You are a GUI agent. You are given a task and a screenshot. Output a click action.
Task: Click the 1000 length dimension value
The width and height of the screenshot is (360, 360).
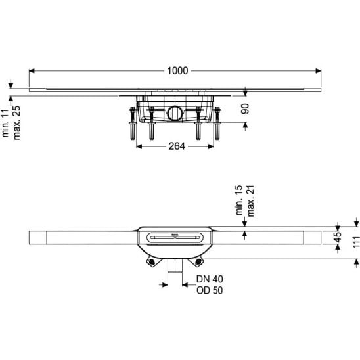177,71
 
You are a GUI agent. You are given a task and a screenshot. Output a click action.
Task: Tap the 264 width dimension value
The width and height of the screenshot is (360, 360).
177,146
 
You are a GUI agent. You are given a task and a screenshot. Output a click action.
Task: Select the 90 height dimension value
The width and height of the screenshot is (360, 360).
245,109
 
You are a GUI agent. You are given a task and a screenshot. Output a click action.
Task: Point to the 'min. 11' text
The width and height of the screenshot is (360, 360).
5,123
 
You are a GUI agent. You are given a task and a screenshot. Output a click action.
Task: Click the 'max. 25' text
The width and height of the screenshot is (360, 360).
16,123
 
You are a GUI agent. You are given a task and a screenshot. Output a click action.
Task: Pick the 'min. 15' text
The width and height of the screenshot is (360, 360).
239,200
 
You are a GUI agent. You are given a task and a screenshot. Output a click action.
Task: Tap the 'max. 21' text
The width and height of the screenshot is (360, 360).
251,201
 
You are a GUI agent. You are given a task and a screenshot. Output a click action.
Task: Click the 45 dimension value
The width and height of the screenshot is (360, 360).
338,237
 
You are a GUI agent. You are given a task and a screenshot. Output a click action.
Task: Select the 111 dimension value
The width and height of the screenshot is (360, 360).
356,242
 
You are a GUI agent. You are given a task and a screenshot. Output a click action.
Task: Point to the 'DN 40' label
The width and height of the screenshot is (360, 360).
210,279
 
